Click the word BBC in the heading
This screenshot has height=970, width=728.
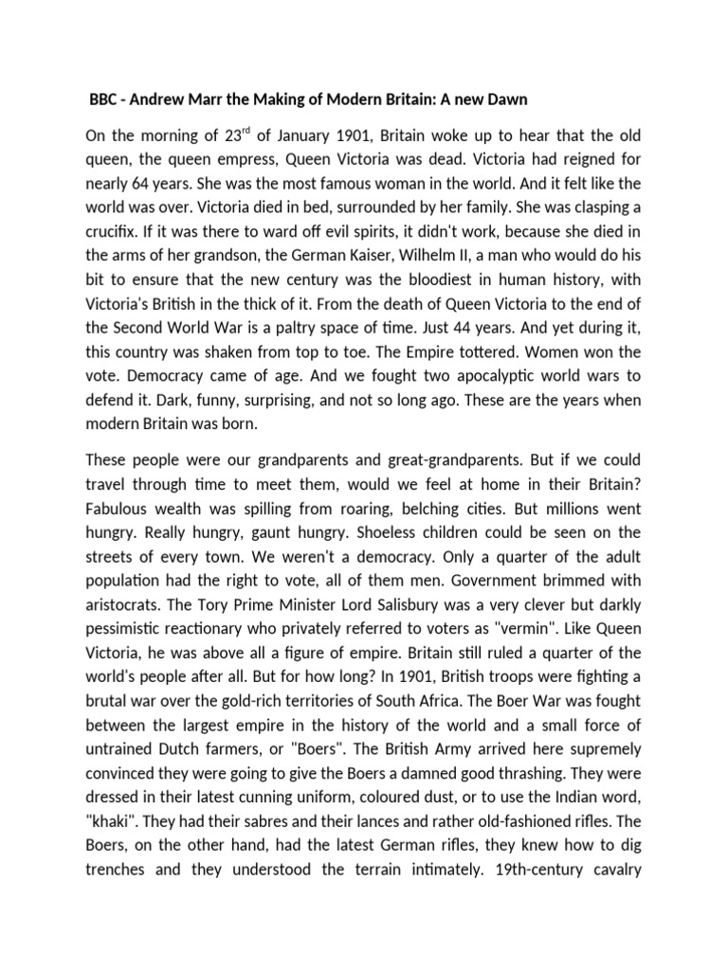[104, 100]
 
